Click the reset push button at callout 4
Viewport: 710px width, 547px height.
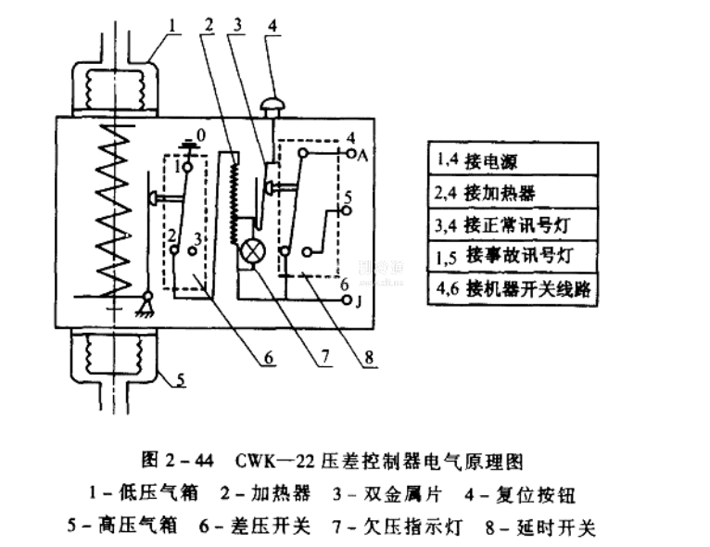coord(272,105)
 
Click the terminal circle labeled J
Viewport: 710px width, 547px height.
coord(348,300)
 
